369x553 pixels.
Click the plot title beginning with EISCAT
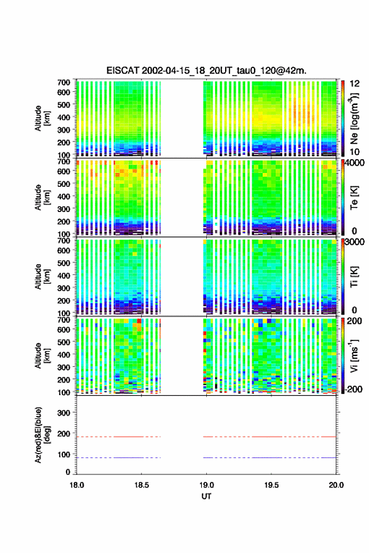(207, 70)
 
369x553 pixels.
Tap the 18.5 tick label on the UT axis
(141, 485)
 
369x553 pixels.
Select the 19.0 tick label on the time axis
(206, 485)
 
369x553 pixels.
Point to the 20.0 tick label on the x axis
(336, 485)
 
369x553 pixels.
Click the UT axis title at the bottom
(206, 496)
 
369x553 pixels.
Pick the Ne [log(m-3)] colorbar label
(354, 118)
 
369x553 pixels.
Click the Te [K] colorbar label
(354, 198)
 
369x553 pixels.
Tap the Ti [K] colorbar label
(354, 277)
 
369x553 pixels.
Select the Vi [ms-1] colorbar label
(354, 356)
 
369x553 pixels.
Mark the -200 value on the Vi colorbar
(353, 389)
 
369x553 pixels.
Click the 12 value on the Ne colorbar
(355, 84)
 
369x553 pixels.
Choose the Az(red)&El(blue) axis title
(41, 435)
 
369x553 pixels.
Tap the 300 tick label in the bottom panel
(63, 413)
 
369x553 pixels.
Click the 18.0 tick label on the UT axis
(77, 485)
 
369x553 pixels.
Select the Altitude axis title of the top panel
(41, 118)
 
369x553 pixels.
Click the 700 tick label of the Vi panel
(63, 320)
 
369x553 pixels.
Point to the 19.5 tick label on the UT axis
(272, 485)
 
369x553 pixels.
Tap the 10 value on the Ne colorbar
(355, 152)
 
